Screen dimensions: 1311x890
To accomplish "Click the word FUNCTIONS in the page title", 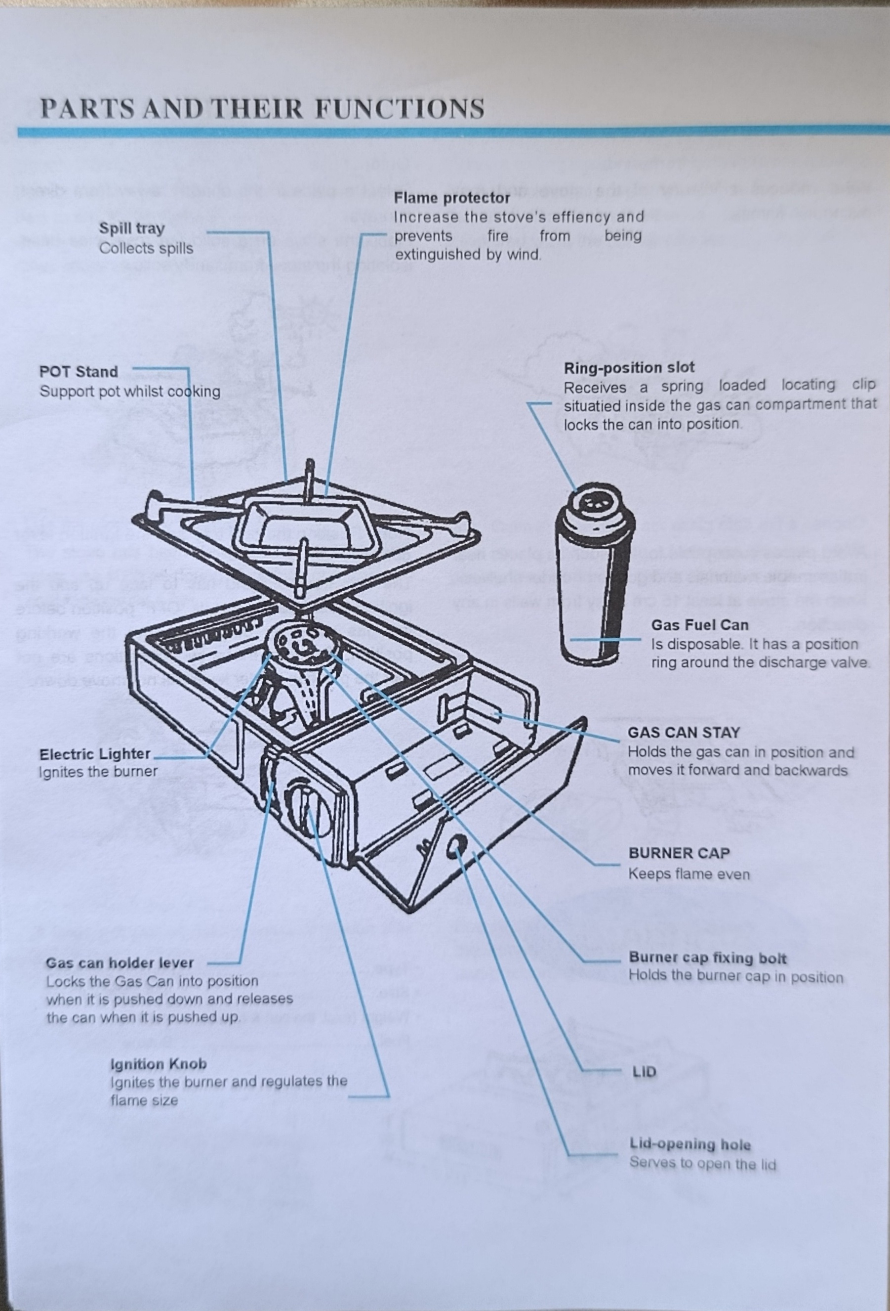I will (399, 108).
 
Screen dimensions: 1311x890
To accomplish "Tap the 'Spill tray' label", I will (131, 228).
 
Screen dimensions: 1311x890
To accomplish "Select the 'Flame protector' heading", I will (451, 198).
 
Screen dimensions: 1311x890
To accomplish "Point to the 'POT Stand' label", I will (79, 372).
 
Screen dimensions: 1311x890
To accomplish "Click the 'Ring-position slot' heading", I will (629, 368).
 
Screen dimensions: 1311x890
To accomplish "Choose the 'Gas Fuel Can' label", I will (699, 625).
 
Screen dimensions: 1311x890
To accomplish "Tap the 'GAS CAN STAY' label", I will (683, 732).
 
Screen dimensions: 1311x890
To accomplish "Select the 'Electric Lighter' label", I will (95, 754).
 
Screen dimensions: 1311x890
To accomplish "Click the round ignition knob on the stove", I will (308, 808).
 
